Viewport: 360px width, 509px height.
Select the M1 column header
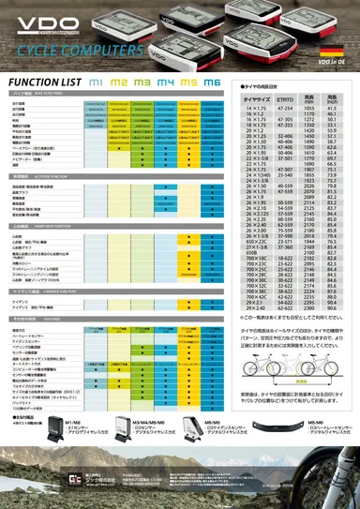tap(96, 83)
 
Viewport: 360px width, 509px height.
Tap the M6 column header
tap(212, 83)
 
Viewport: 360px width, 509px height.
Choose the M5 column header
tap(188, 83)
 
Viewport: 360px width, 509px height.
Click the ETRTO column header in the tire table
tap(288, 125)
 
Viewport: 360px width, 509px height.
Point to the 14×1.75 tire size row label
tap(255, 134)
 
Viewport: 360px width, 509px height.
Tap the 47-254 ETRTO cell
tap(288, 134)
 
